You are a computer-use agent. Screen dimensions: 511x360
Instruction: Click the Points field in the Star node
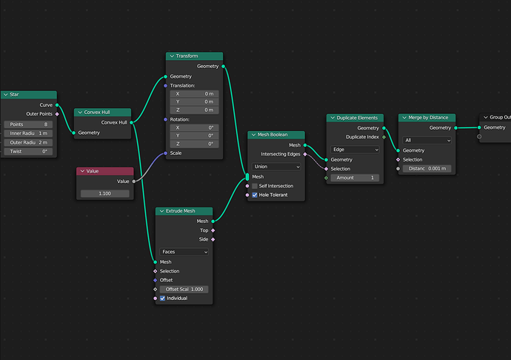[x=28, y=124]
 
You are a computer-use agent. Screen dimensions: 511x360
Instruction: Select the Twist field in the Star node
[x=28, y=151]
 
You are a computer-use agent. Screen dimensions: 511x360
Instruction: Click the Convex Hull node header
[x=102, y=112]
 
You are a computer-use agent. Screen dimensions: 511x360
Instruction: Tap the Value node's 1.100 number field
[x=105, y=193]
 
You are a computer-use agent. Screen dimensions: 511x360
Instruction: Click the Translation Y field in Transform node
[x=194, y=101]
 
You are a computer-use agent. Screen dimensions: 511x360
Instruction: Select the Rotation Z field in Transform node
[x=194, y=144]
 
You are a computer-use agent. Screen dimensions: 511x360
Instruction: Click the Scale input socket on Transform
[x=166, y=153]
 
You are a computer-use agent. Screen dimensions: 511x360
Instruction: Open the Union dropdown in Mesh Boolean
[x=276, y=167]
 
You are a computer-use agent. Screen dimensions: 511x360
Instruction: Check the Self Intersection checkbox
[x=255, y=186]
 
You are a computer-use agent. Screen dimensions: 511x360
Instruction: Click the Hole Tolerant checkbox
[x=255, y=195]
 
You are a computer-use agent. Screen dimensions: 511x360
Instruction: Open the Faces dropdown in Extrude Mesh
[x=184, y=252]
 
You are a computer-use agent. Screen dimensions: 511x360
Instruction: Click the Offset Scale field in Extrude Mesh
[x=184, y=289]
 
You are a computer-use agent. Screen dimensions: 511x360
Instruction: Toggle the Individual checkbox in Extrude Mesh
[x=163, y=299]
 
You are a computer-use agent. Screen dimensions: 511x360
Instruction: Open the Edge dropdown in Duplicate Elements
[x=355, y=150]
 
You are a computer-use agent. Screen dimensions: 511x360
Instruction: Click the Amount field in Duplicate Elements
[x=355, y=178]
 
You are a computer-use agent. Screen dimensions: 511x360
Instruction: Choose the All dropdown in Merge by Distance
[x=427, y=140]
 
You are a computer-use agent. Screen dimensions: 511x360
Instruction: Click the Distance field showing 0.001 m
[x=427, y=169]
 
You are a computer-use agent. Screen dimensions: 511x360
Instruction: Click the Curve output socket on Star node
[x=57, y=105]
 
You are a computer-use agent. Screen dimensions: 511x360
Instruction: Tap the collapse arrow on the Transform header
[x=172, y=56]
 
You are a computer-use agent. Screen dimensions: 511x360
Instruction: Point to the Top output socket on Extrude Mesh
[x=213, y=230]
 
